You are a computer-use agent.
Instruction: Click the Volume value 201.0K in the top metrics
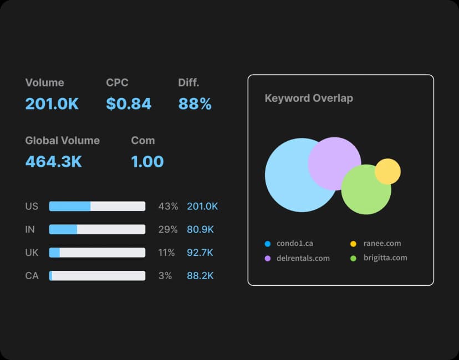coord(52,104)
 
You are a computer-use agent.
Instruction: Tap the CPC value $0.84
coord(129,104)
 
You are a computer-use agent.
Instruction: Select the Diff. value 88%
coord(195,104)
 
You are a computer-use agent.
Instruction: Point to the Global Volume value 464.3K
coord(54,162)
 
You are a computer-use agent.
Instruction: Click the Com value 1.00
coord(147,162)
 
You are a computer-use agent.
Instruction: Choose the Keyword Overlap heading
coord(309,98)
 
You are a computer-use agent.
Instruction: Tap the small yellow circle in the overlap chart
coord(387,171)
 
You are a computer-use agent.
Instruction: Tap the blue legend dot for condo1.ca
coord(267,243)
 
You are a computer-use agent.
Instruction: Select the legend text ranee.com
coord(382,243)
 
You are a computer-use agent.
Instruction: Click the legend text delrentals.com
coord(303,258)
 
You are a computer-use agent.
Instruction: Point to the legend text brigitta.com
coord(385,258)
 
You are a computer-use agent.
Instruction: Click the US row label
coord(32,207)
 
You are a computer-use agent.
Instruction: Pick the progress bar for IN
coord(97,229)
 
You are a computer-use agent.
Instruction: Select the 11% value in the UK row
coord(166,253)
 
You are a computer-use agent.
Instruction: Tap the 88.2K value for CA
coord(200,275)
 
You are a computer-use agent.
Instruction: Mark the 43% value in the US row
coord(168,207)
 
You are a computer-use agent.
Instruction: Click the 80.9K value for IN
coord(200,229)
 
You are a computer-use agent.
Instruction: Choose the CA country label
coord(32,275)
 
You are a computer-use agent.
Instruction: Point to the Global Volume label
coord(62,141)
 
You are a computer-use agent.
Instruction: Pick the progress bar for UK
coord(97,253)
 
